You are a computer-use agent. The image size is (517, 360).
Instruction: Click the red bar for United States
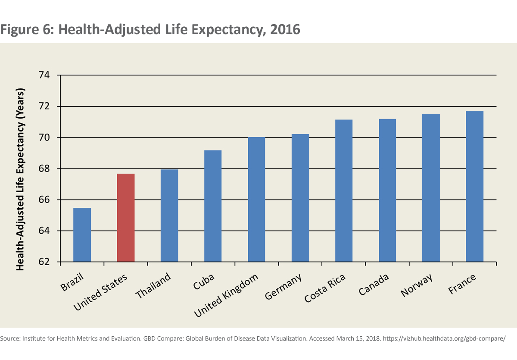pyautogui.click(x=126, y=218)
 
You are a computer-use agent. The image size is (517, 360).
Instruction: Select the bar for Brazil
pyautogui.click(x=82, y=235)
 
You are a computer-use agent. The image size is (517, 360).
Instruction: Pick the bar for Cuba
pyautogui.click(x=213, y=206)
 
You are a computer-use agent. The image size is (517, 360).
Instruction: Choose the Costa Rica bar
pyautogui.click(x=344, y=191)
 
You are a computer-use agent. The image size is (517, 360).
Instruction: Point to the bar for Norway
pyautogui.click(x=431, y=188)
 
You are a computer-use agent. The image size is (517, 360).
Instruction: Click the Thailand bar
pyautogui.click(x=169, y=216)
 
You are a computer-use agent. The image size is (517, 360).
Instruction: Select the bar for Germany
pyautogui.click(x=300, y=198)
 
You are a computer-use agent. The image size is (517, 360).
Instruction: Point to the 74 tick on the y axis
pyautogui.click(x=44, y=75)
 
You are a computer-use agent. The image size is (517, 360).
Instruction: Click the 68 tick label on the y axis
pyautogui.click(x=44, y=169)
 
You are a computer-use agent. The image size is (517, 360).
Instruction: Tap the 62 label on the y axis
pyautogui.click(x=44, y=262)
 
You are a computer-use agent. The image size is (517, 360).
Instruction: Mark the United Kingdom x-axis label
pyautogui.click(x=226, y=295)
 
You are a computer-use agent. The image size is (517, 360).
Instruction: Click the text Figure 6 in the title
pyautogui.click(x=26, y=30)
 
